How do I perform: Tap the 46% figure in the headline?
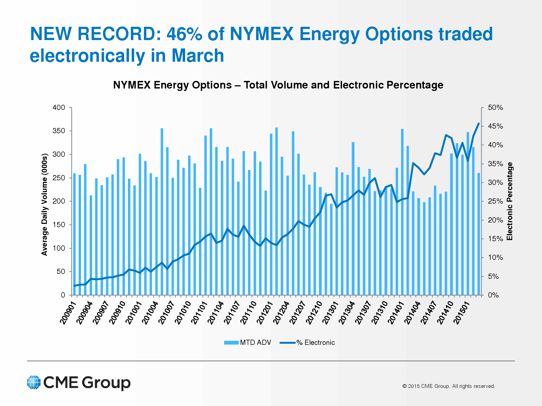[x=184, y=34]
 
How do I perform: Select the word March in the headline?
[x=198, y=56]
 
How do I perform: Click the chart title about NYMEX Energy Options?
[x=278, y=85]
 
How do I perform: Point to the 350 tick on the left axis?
[x=59, y=131]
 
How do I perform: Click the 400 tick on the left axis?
[x=59, y=107]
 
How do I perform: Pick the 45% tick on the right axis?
[x=495, y=126]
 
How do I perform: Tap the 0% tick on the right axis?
[x=493, y=295]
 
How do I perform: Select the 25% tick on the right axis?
[x=495, y=201]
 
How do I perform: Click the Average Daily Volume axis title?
[x=44, y=204]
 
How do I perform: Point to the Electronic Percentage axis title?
[x=510, y=201]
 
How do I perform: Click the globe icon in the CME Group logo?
[x=34, y=382]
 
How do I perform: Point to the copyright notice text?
[x=449, y=386]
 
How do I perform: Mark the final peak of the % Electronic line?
[x=479, y=124]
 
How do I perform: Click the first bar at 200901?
[x=74, y=234]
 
